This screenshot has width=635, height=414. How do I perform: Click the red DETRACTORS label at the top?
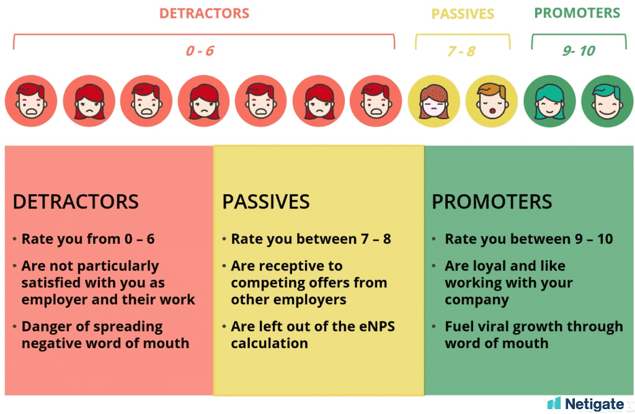pyautogui.click(x=204, y=14)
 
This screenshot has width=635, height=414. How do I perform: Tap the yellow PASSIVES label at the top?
pyautogui.click(x=463, y=14)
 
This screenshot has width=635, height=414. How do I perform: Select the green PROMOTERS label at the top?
pyautogui.click(x=577, y=14)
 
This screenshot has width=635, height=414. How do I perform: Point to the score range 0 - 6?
pyautogui.click(x=200, y=50)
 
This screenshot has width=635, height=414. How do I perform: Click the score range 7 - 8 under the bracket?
pyautogui.click(x=461, y=51)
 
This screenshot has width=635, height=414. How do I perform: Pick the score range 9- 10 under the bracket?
pyautogui.click(x=579, y=51)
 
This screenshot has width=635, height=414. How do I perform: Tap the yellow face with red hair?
pyautogui.click(x=433, y=101)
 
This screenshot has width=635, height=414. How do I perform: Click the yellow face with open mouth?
pyautogui.click(x=491, y=101)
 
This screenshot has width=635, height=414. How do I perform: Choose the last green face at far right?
pyautogui.click(x=606, y=101)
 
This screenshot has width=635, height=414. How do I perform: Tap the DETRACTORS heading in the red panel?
pyautogui.click(x=76, y=202)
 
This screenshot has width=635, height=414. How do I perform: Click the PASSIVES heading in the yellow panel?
pyautogui.click(x=265, y=202)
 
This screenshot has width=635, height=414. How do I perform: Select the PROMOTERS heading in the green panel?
pyautogui.click(x=492, y=202)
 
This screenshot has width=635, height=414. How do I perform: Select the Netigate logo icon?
pyautogui.click(x=553, y=403)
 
